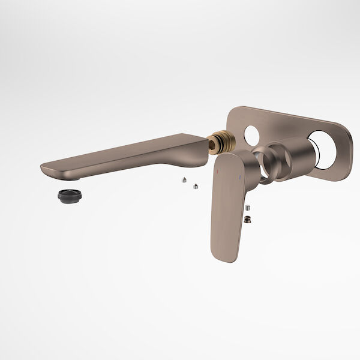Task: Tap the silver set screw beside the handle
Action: (x=247, y=208)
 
